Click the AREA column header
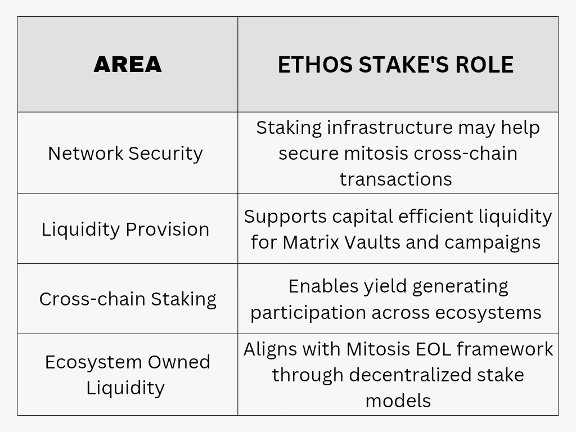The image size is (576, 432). click(128, 65)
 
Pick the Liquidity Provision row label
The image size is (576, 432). click(125, 229)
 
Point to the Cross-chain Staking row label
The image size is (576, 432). click(128, 299)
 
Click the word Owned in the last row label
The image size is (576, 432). click(179, 362)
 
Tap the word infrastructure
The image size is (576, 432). click(390, 128)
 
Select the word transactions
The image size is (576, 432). click(395, 179)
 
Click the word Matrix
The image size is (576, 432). click(310, 242)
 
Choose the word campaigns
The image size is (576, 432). click(492, 243)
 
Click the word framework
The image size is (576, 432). click(505, 349)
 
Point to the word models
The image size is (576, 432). click(398, 401)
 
